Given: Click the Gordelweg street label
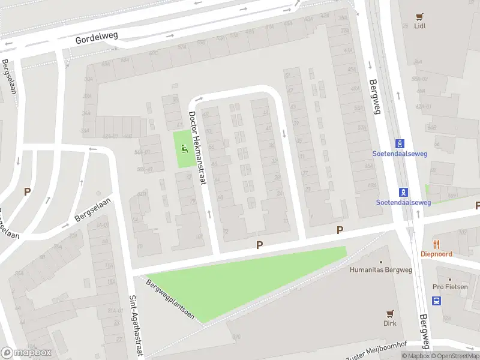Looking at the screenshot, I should click(x=97, y=40).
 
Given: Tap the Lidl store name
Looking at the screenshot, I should click(x=419, y=26).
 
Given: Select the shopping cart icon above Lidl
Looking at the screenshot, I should click(x=419, y=16).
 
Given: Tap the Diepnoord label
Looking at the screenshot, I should click(x=436, y=254).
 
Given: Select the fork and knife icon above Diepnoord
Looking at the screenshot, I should click(x=436, y=244).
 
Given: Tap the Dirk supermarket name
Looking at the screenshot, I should click(x=390, y=323).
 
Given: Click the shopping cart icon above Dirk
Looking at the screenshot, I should click(x=390, y=313).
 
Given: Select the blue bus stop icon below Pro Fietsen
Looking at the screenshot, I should click(x=437, y=301).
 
